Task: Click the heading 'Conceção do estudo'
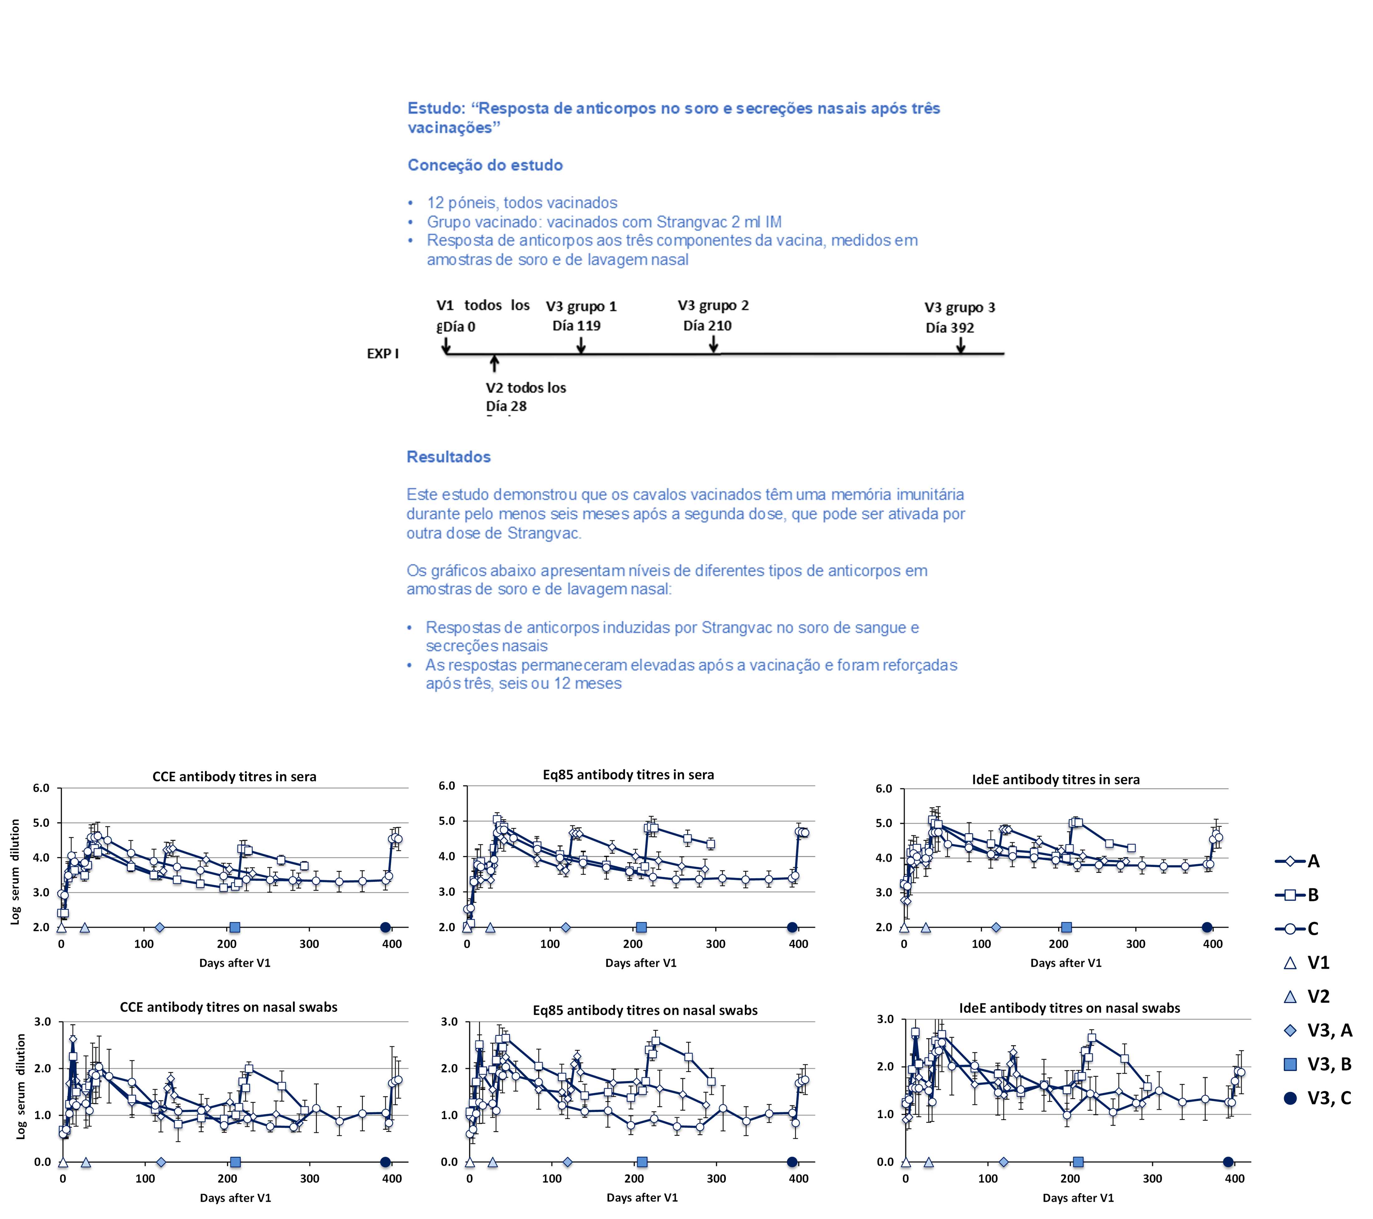485,165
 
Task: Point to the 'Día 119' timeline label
576,326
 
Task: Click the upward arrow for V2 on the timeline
494,363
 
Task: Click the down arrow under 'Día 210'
713,345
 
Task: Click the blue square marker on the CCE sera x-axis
234,928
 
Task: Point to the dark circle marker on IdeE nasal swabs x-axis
1228,1162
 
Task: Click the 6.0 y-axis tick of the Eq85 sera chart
447,786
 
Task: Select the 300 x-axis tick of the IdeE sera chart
1135,944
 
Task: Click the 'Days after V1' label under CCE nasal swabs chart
235,1197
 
